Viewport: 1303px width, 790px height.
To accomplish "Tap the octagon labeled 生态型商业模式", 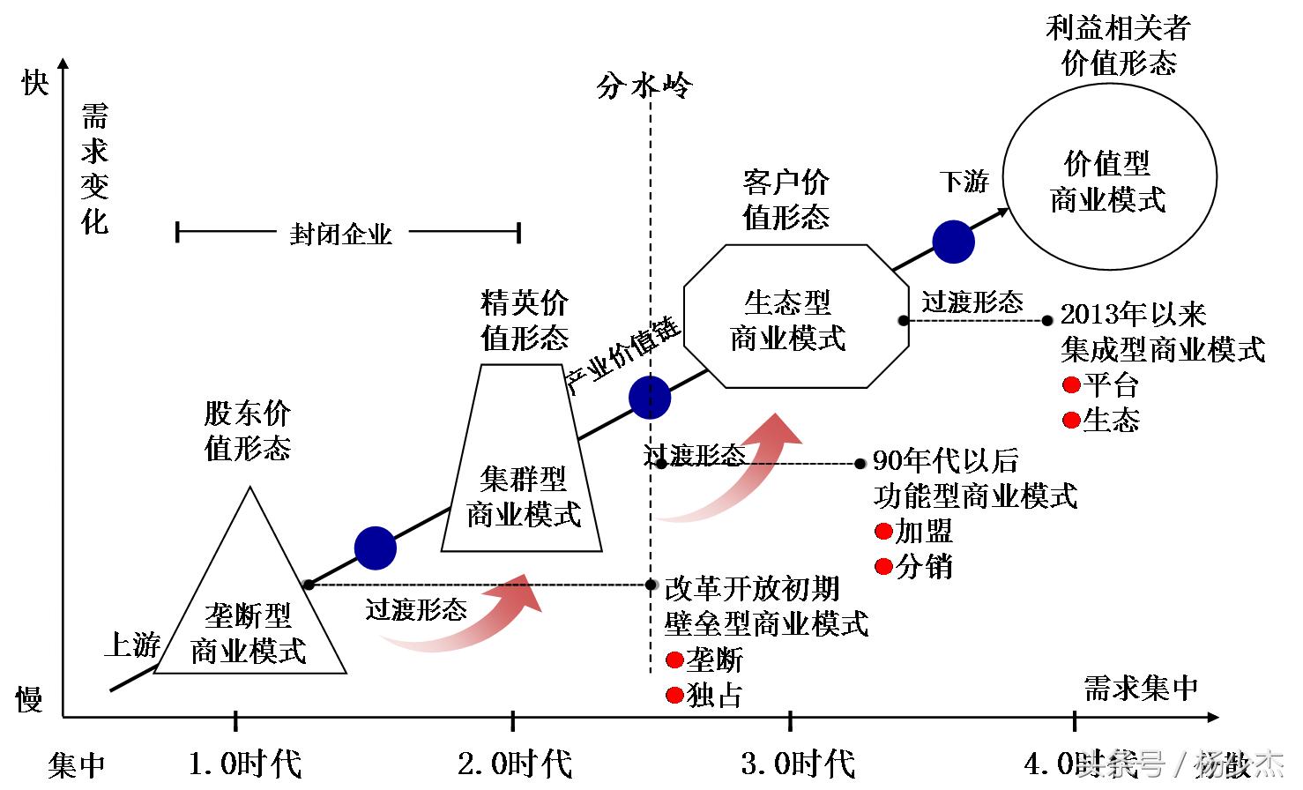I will point(795,317).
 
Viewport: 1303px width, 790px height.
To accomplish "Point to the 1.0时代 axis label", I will point(244,764).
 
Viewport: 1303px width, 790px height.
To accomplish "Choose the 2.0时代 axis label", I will point(515,764).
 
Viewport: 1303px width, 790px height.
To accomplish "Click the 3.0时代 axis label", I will point(798,764).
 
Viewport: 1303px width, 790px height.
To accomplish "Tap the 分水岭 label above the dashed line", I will point(644,86).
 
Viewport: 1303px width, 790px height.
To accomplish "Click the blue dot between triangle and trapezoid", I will point(376,548).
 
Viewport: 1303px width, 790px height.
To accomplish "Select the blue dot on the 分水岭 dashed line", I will point(651,398).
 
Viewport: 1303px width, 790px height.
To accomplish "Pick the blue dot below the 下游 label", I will point(953,242).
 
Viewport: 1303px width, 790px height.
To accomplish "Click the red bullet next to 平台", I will point(1071,385).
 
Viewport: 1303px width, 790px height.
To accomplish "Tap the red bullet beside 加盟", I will point(883,532).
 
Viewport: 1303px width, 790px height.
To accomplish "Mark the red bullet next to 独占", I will point(674,696).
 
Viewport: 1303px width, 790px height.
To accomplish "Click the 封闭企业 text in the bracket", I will point(340,235).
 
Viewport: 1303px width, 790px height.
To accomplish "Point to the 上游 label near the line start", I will point(132,645).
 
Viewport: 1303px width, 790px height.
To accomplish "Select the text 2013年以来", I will point(1133,315).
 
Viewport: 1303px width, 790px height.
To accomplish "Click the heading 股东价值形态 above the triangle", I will point(247,430).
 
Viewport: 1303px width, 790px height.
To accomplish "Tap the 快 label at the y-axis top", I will point(34,83).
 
